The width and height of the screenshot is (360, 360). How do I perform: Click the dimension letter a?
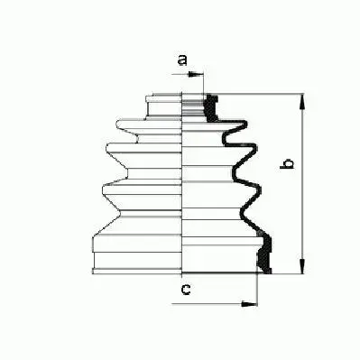181,61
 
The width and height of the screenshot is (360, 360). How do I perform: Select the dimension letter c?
185,290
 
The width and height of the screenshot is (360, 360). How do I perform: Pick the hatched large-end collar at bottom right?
263,254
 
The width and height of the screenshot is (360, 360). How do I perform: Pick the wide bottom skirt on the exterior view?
135,253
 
